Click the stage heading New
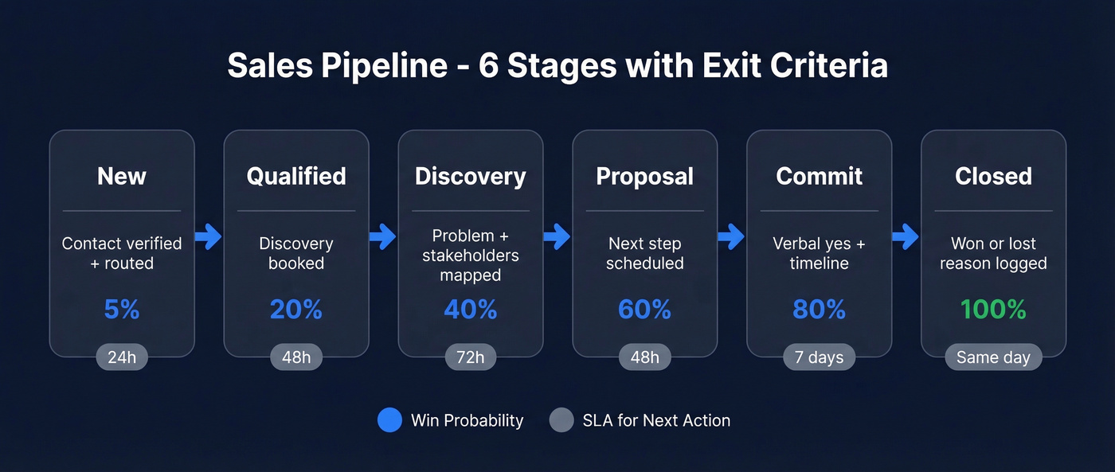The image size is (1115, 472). click(x=122, y=176)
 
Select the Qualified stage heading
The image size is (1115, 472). click(x=296, y=176)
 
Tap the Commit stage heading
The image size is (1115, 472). click(x=819, y=176)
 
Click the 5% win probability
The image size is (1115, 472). click(x=122, y=309)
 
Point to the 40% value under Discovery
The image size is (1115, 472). click(x=471, y=309)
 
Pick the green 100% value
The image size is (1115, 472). click(x=993, y=309)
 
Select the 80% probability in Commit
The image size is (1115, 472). click(x=819, y=309)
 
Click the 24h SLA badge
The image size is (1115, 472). click(x=122, y=357)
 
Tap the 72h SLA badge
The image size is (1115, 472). click(x=471, y=357)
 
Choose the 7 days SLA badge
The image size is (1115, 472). click(x=819, y=357)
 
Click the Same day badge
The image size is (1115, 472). click(x=993, y=357)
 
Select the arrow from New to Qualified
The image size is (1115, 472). click(x=209, y=236)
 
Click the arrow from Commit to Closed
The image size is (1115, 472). click(x=906, y=236)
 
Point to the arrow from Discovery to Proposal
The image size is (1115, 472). click(x=557, y=236)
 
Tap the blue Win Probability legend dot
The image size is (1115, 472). click(x=389, y=420)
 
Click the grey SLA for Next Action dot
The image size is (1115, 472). click(x=561, y=420)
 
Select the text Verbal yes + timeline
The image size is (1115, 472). click(x=819, y=253)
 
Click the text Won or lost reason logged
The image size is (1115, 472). click(x=993, y=253)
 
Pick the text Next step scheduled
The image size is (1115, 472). click(x=644, y=253)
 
